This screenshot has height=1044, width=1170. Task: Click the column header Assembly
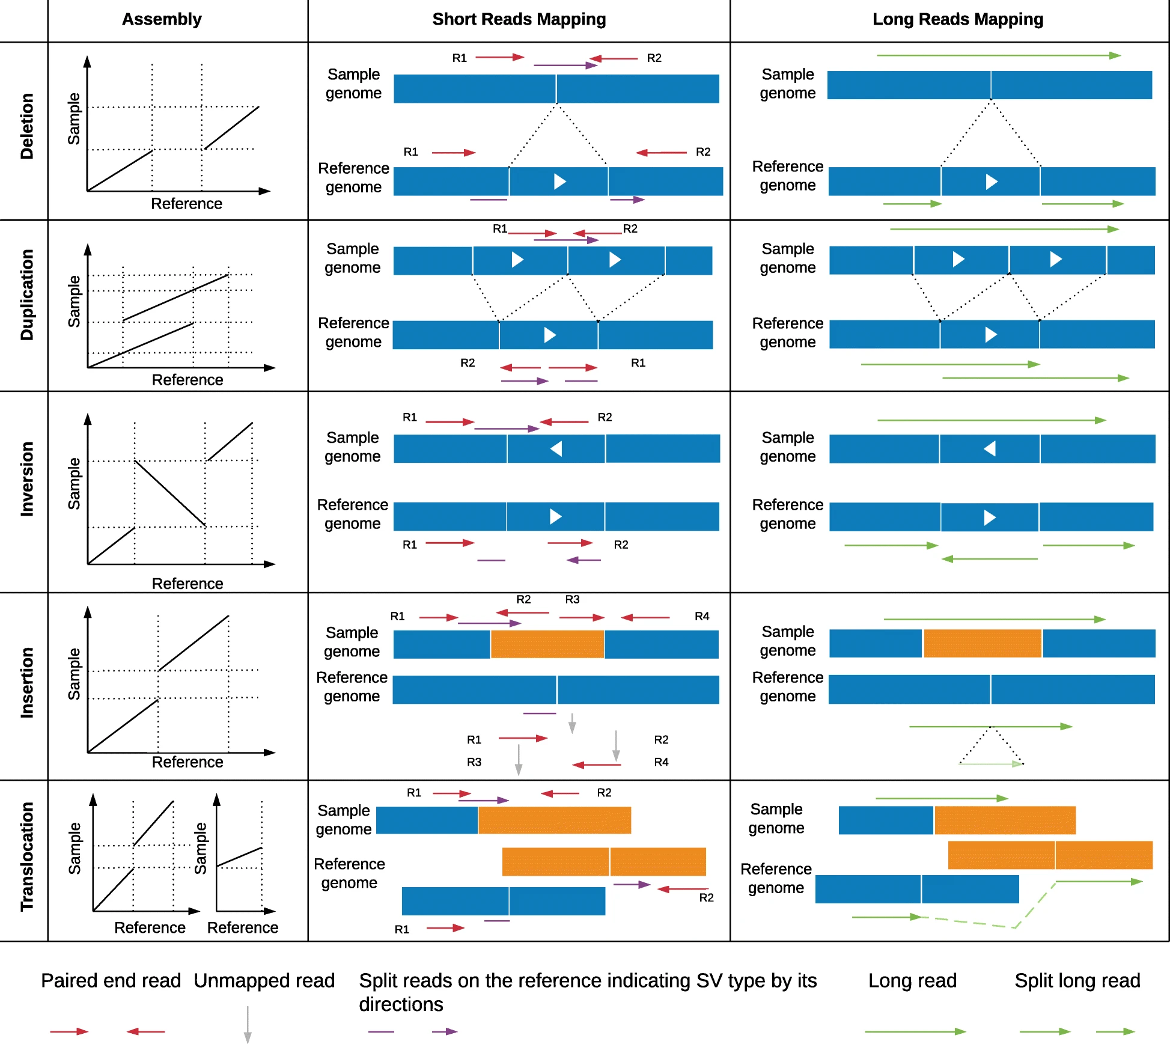[x=162, y=19]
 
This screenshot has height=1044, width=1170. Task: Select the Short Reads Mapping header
[x=519, y=19]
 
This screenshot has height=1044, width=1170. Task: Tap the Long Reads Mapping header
[x=957, y=19]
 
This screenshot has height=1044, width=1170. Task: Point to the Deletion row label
[x=27, y=126]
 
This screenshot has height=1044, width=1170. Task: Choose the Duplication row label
[x=27, y=295]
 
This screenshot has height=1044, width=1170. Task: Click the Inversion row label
[x=27, y=479]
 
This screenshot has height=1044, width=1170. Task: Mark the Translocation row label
[x=27, y=856]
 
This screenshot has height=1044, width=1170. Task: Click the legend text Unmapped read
[x=264, y=980]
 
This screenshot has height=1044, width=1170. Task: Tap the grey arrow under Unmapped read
[x=247, y=1024]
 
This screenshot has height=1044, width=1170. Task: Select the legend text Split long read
[x=1077, y=980]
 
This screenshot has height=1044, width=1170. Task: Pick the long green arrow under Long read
[x=915, y=1031]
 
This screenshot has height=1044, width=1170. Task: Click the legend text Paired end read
[x=111, y=980]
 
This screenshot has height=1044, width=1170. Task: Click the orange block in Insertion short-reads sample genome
[x=547, y=644]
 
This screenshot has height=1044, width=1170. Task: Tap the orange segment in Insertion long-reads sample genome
[x=982, y=643]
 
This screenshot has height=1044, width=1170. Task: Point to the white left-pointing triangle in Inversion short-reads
[x=556, y=448]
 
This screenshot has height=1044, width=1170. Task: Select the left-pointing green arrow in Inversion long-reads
[x=989, y=559]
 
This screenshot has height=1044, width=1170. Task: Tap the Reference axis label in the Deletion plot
[x=186, y=204]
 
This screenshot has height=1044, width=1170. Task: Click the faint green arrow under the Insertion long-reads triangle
[x=992, y=764]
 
